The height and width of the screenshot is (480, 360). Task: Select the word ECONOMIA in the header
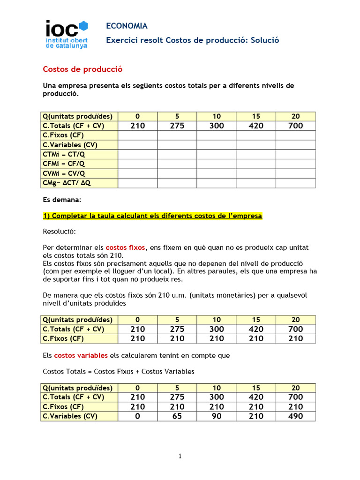tap(127, 26)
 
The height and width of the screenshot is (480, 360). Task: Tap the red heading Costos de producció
tap(82, 69)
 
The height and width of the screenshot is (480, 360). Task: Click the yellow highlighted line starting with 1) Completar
tap(152, 216)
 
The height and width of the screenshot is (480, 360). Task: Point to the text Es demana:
tap(62, 200)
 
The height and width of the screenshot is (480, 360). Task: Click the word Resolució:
tap(59, 232)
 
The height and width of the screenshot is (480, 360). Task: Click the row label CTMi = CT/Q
tap(65, 154)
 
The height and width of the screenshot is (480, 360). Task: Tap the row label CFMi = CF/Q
tap(64, 164)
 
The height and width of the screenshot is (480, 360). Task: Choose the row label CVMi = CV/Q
tap(64, 173)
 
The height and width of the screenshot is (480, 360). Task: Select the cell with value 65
tap(177, 416)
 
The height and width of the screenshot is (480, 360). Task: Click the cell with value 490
tap(295, 416)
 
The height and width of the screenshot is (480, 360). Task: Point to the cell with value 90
tap(216, 416)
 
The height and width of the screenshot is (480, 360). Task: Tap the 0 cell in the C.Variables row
tap(137, 416)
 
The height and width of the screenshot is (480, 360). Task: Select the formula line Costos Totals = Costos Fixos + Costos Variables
tap(118, 371)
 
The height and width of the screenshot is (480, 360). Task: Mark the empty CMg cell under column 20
tap(295, 183)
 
